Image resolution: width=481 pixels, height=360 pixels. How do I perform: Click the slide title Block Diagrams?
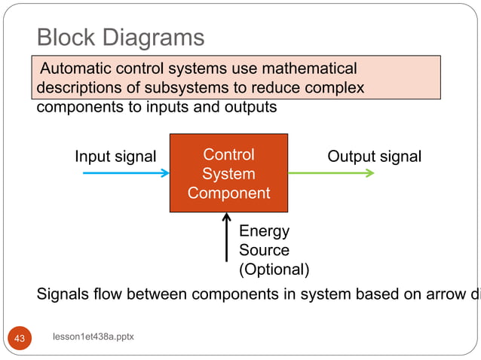[121, 37]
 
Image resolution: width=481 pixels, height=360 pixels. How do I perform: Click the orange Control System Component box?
[228, 174]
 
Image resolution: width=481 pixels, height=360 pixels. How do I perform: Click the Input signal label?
[115, 157]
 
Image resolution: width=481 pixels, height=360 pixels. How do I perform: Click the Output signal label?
[374, 157]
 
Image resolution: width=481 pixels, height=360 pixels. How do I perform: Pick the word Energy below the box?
[264, 231]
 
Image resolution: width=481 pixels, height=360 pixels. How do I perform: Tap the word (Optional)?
[274, 269]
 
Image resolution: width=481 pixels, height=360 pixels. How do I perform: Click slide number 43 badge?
[20, 338]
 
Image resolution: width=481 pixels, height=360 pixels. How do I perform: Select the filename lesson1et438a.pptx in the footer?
[93, 337]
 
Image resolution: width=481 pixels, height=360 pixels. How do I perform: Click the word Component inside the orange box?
[228, 193]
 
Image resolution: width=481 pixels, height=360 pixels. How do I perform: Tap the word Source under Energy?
[264, 250]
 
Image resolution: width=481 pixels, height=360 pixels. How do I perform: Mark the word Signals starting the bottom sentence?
[65, 294]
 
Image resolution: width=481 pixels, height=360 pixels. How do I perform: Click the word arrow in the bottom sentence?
[443, 294]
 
